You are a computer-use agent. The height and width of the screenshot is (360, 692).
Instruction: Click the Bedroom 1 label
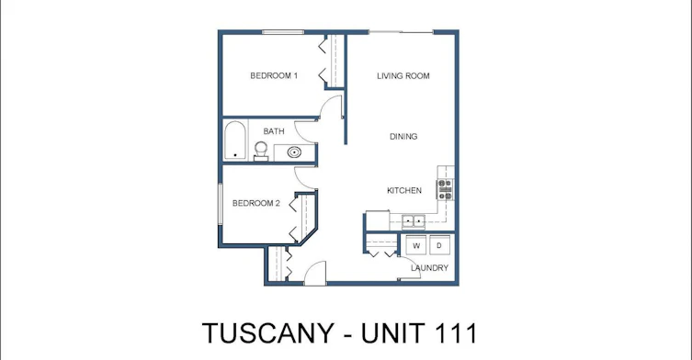pyautogui.click(x=274, y=75)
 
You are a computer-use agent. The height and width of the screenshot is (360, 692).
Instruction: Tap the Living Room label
pyautogui.click(x=403, y=76)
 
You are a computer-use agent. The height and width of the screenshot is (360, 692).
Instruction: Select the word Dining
pyautogui.click(x=403, y=137)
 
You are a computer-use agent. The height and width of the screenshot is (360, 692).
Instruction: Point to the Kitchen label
pyautogui.click(x=404, y=191)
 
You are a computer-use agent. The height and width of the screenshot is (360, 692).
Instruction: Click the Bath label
pyautogui.click(x=274, y=131)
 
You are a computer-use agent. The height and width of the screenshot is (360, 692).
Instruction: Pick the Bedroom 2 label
pyautogui.click(x=256, y=203)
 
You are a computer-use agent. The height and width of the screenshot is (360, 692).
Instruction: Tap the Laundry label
pyautogui.click(x=429, y=268)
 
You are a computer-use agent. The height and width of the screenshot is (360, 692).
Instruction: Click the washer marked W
pyautogui.click(x=416, y=245)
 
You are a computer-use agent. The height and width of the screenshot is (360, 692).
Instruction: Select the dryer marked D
pyautogui.click(x=439, y=245)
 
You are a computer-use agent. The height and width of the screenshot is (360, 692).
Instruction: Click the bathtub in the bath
pyautogui.click(x=234, y=141)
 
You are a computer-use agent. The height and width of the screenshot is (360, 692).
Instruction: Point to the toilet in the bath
pyautogui.click(x=261, y=151)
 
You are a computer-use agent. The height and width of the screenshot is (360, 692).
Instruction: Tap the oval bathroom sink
pyautogui.click(x=294, y=152)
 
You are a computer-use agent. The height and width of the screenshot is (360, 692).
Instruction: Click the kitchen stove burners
pyautogui.click(x=445, y=189)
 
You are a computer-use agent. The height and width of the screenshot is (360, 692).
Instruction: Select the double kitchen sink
pyautogui.click(x=414, y=220)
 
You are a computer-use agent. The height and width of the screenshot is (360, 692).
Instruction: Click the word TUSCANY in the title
pyautogui.click(x=267, y=333)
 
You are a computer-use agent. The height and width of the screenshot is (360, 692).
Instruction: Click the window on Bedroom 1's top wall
pyautogui.click(x=283, y=32)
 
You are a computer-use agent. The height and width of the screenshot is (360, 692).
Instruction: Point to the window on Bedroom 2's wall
pyautogui.click(x=220, y=205)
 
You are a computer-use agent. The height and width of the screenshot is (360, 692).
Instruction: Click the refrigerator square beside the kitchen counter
pyautogui.click(x=378, y=220)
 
